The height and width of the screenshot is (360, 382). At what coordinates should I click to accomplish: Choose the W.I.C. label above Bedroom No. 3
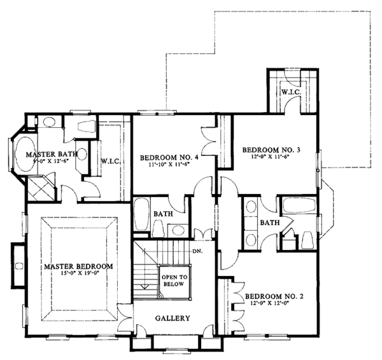pyautogui.click(x=291, y=92)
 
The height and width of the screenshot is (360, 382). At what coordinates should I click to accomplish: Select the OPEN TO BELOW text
pyautogui.click(x=173, y=280)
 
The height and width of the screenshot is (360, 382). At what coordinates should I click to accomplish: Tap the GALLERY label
pyautogui.click(x=173, y=318)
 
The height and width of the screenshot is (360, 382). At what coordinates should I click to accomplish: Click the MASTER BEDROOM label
pyautogui.click(x=78, y=266)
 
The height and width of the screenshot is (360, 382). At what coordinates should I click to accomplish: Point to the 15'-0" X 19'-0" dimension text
pyautogui.click(x=78, y=274)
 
